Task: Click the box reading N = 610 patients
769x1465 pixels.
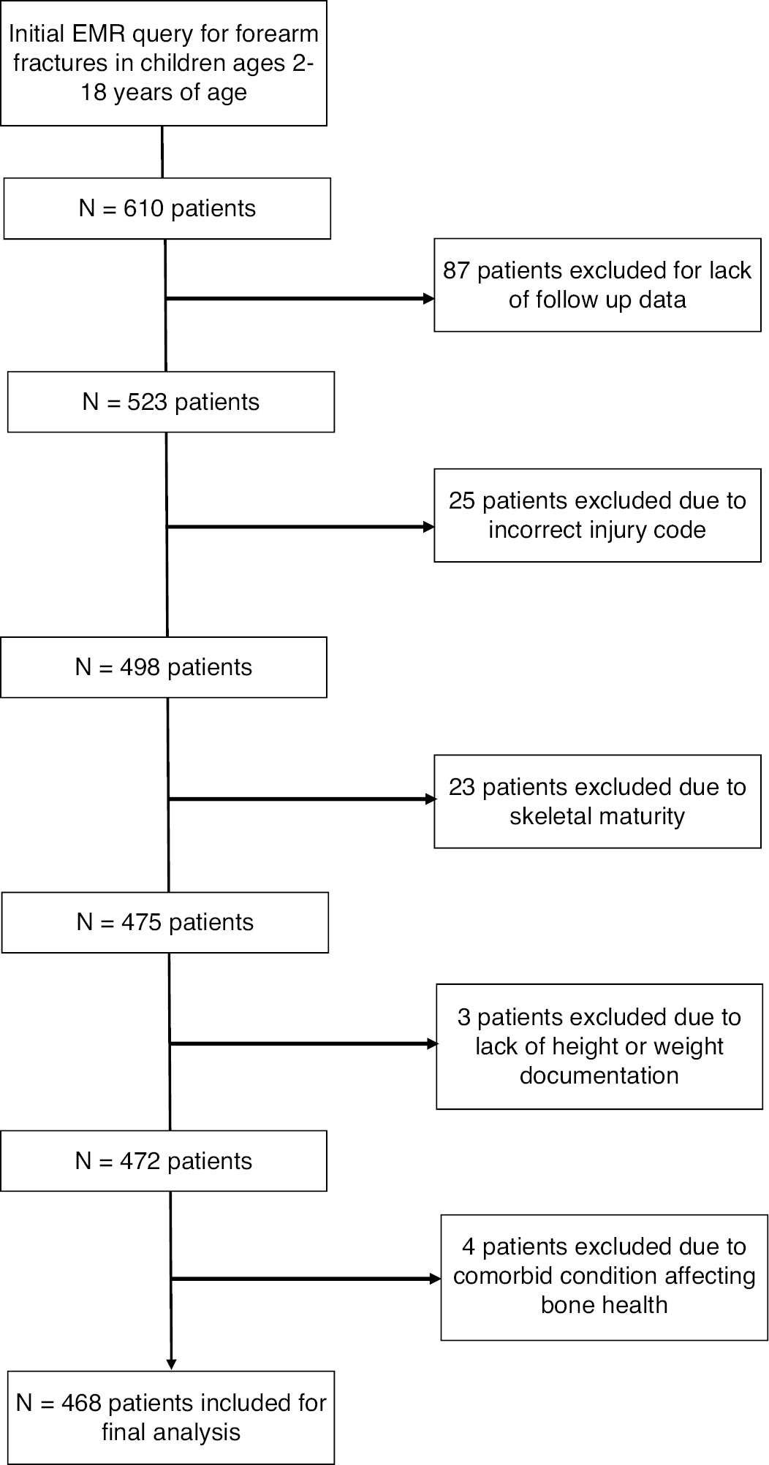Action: (x=167, y=208)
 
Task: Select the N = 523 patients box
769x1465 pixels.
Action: (x=171, y=402)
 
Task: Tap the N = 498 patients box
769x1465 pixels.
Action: (x=164, y=667)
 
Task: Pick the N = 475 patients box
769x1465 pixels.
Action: (x=165, y=922)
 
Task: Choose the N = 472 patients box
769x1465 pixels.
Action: (x=164, y=1161)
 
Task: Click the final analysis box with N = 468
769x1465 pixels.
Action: (x=171, y=1417)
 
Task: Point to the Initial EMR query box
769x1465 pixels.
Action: (x=164, y=63)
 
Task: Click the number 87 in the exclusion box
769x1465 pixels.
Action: (x=457, y=270)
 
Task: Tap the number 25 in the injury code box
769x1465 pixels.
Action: (x=462, y=501)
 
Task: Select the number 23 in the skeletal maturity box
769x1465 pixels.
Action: (x=462, y=787)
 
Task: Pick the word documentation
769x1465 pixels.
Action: (x=599, y=1076)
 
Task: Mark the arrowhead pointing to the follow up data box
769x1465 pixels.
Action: (x=428, y=298)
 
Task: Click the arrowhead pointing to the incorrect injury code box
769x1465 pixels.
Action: (x=428, y=527)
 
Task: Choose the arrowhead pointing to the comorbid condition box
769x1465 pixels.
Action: (x=434, y=1279)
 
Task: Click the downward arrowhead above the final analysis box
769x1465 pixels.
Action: (x=171, y=1363)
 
